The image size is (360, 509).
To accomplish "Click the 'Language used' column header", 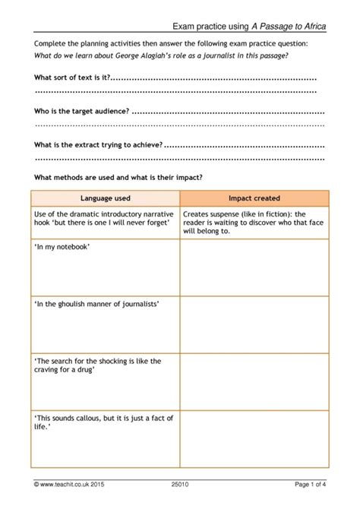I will pyautogui.click(x=105, y=198).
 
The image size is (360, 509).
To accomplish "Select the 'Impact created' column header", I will pyautogui.click(x=254, y=198).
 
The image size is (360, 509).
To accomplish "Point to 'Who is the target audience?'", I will pyautogui.click(x=81, y=111).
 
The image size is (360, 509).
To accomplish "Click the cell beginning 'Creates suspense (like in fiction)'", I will pyautogui.click(x=254, y=222).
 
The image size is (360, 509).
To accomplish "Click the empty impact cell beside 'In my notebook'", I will pyautogui.click(x=254, y=267).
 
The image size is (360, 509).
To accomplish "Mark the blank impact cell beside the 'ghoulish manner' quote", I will pyautogui.click(x=254, y=324).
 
